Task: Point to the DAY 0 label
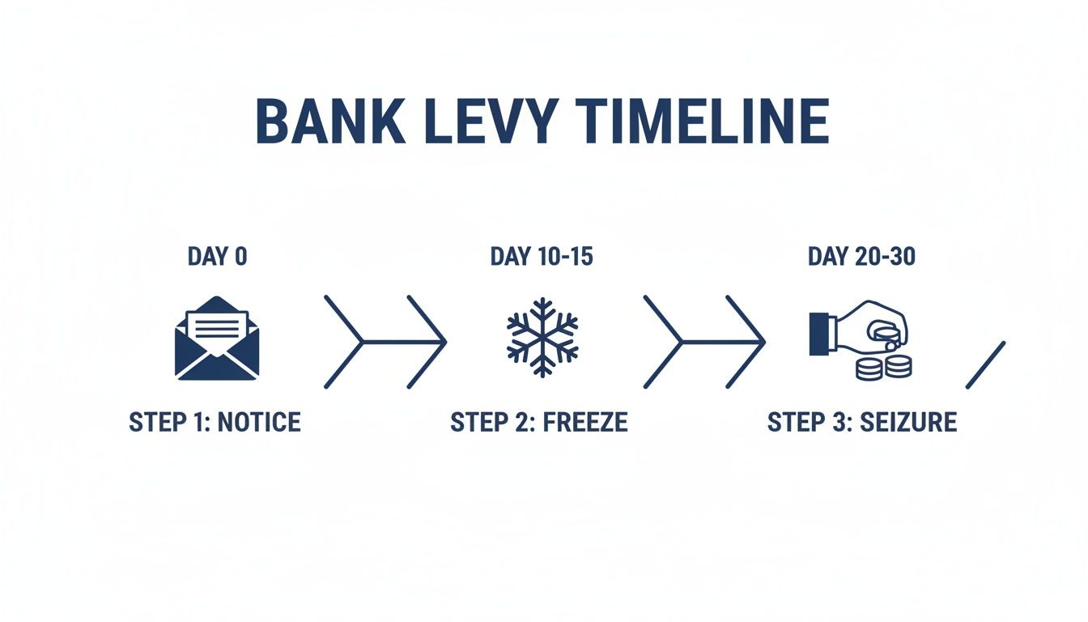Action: (x=217, y=257)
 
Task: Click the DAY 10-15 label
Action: (x=542, y=257)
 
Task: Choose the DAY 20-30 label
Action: (x=862, y=257)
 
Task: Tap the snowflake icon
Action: (x=542, y=339)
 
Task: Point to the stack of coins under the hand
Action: (x=884, y=366)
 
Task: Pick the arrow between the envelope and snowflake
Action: (x=385, y=341)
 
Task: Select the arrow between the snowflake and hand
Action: (x=704, y=341)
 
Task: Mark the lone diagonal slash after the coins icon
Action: (x=985, y=364)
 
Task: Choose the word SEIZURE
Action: (x=907, y=422)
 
